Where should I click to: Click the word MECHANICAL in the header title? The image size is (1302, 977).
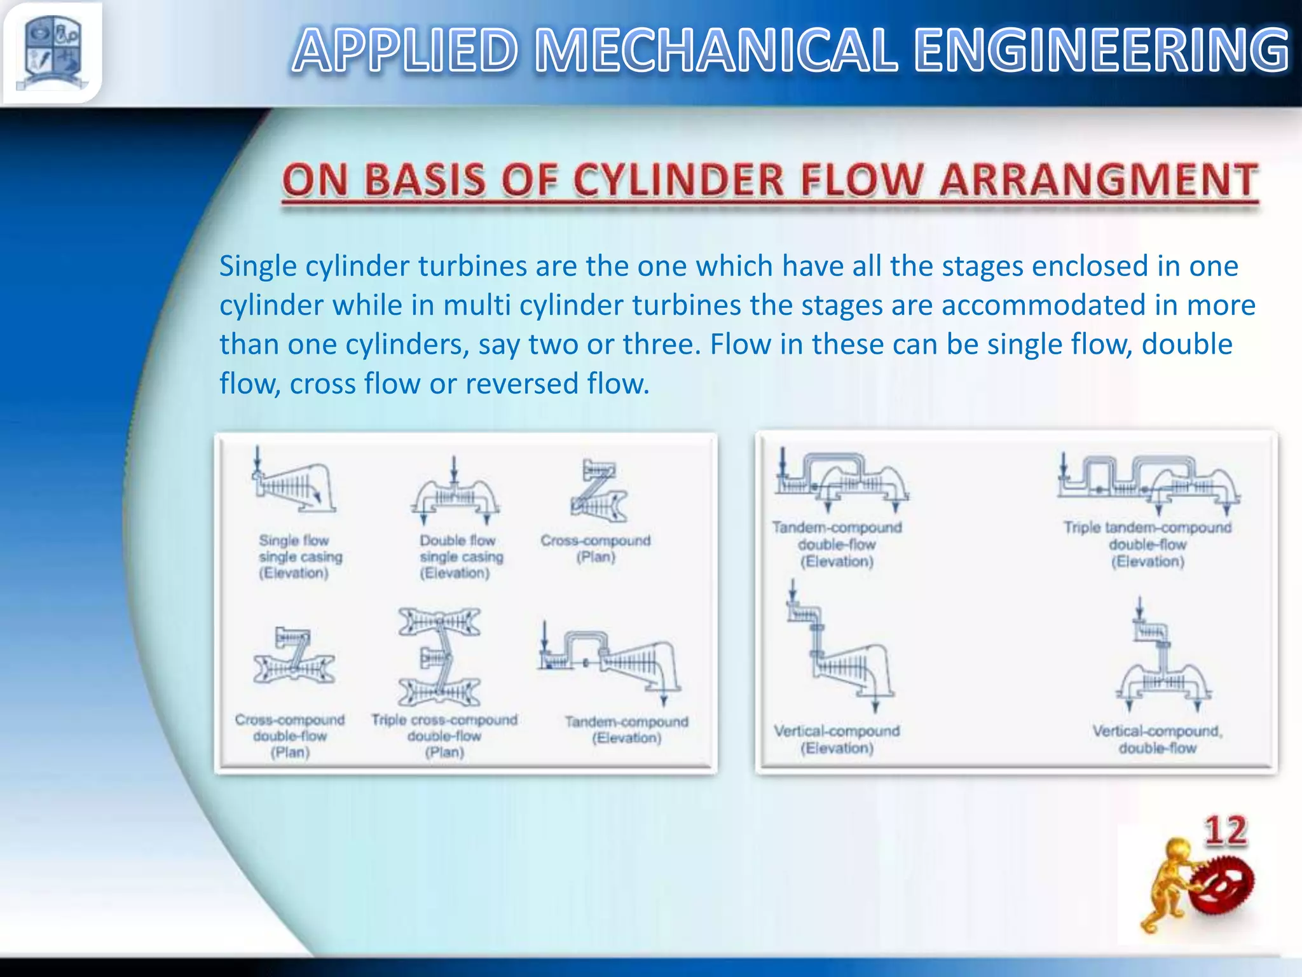(x=716, y=51)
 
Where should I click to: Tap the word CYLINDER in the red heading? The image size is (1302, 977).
(x=678, y=180)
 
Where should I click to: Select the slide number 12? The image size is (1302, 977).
(x=1225, y=831)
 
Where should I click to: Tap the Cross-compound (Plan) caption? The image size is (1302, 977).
(x=596, y=548)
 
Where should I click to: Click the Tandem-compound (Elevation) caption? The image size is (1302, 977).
(x=626, y=730)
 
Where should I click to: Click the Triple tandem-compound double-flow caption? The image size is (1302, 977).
(x=1148, y=544)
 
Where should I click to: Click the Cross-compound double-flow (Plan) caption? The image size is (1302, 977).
(x=290, y=736)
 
